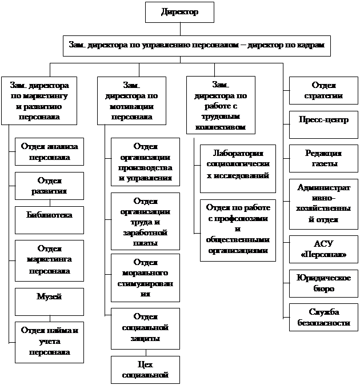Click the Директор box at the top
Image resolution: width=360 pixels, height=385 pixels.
180,12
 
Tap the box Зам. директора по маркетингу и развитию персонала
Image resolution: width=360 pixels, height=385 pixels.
40,101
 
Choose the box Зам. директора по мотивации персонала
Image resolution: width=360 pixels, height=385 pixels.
132,101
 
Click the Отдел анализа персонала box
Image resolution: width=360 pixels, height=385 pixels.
49,151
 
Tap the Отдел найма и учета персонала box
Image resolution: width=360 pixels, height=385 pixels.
49,342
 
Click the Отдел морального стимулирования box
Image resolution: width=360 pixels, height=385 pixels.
145,278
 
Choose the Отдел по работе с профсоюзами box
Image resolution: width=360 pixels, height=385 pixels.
238,230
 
